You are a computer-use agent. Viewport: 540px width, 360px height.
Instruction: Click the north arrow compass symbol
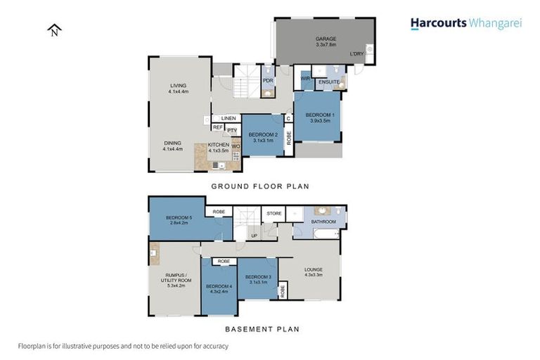(x=55, y=30)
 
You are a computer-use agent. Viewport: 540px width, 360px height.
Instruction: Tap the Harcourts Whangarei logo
(x=465, y=23)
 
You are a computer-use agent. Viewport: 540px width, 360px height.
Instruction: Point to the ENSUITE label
(x=328, y=82)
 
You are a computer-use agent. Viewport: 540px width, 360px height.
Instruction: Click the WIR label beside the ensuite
(x=305, y=79)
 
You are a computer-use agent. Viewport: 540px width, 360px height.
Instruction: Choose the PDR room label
(x=268, y=80)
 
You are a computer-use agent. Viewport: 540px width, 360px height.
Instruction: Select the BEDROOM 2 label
(x=263, y=134)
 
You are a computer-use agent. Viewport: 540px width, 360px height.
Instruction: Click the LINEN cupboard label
(x=227, y=118)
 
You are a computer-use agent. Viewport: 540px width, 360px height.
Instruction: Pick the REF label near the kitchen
(x=218, y=127)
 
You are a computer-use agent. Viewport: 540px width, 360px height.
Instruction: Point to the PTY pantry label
(x=231, y=131)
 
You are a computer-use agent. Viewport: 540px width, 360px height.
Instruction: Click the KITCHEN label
(x=219, y=145)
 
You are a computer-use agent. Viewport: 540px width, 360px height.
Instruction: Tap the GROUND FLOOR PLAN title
(x=260, y=186)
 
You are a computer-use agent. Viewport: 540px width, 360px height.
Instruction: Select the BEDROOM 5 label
(x=179, y=218)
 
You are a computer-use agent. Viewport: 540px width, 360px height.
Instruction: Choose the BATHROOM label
(x=323, y=222)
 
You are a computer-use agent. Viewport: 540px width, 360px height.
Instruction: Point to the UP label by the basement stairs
(x=254, y=236)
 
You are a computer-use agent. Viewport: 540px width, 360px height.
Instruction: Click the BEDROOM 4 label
(x=219, y=286)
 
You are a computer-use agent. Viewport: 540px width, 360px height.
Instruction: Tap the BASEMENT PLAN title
(x=262, y=328)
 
